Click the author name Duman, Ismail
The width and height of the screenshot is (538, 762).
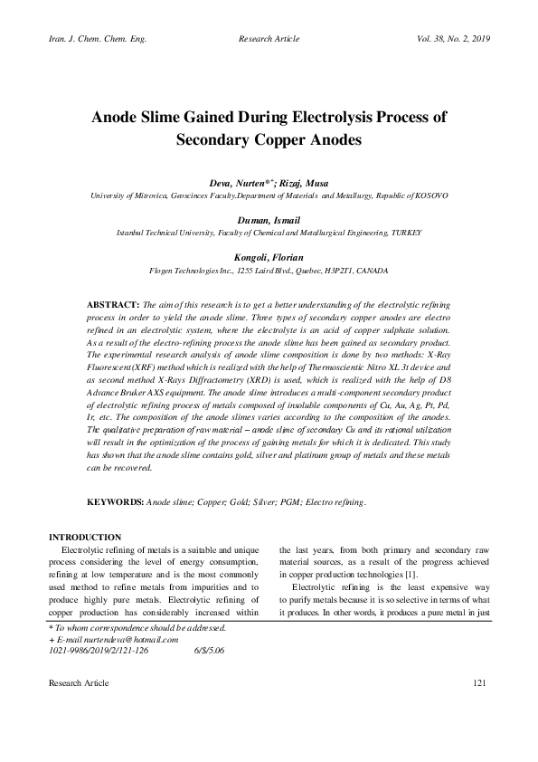(x=269, y=220)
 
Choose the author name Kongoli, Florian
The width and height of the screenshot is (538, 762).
(x=269, y=258)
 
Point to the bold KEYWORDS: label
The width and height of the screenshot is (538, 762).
(x=115, y=500)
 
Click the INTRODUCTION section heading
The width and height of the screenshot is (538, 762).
(x=85, y=538)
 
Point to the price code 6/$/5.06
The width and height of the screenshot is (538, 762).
(x=209, y=650)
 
